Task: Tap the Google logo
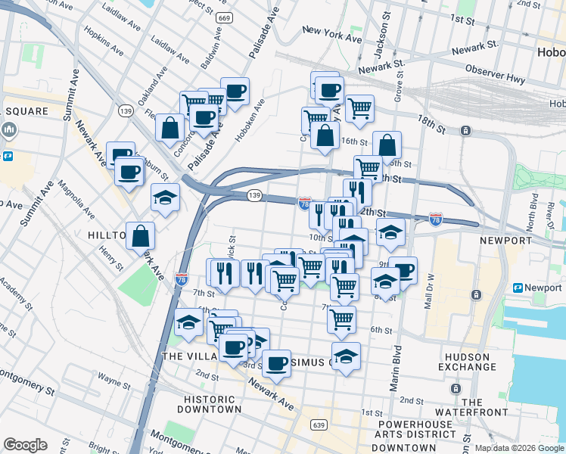click(25, 444)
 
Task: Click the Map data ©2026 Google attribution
click(519, 448)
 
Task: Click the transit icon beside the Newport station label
click(518, 288)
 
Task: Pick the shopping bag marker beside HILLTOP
click(141, 236)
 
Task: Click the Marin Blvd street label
click(395, 368)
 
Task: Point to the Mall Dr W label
click(430, 291)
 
